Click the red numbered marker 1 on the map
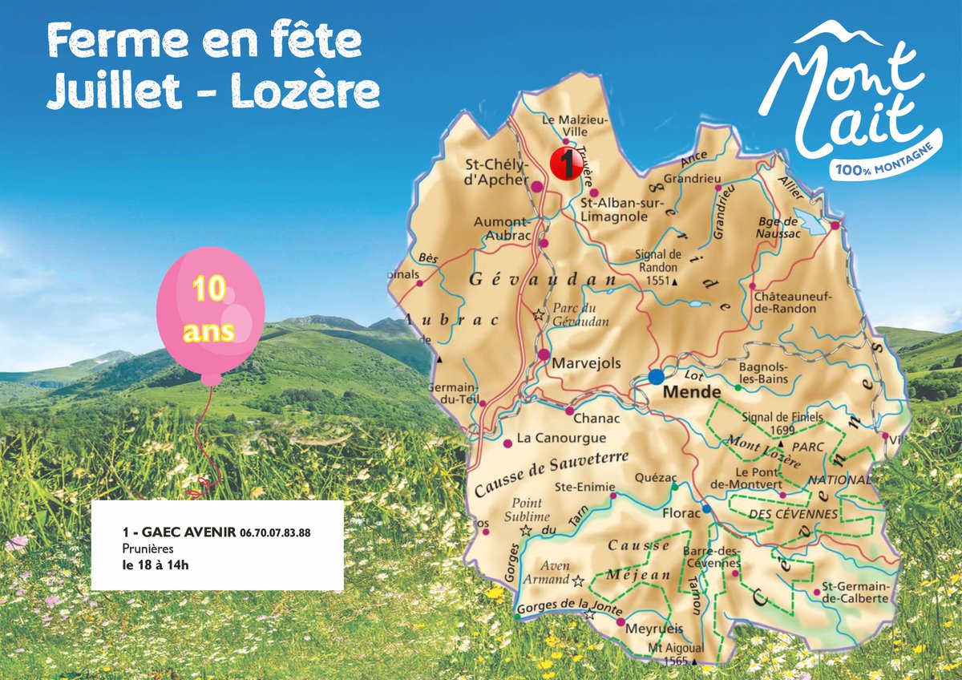click(x=566, y=164)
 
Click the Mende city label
click(x=693, y=393)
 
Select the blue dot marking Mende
click(x=657, y=376)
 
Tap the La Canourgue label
click(x=561, y=439)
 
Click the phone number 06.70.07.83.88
click(x=275, y=532)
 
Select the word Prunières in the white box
click(x=148, y=548)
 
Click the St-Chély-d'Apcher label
click(x=497, y=172)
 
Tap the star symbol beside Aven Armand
click(x=577, y=580)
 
